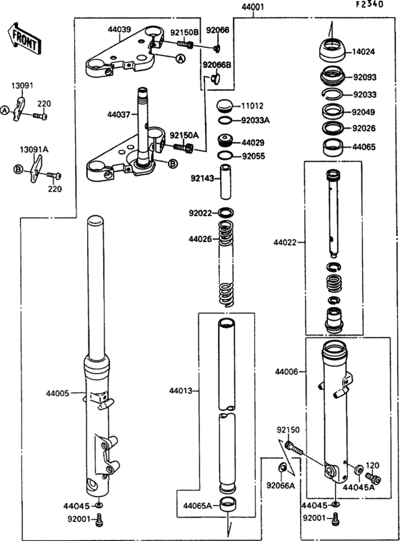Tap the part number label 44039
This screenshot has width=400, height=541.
point(119,30)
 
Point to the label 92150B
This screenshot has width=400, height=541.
point(184,32)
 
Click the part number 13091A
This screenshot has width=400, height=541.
point(34,150)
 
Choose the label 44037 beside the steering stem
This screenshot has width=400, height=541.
point(119,113)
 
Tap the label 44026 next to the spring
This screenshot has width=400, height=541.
point(200,238)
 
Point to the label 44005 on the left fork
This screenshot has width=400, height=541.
point(59,393)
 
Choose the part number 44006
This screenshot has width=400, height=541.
point(286,372)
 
